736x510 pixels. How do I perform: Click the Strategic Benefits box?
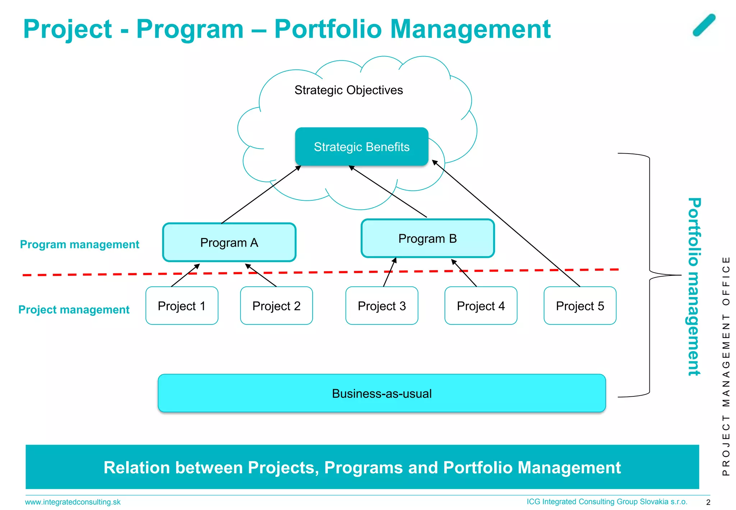click(362, 147)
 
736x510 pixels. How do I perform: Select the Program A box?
click(229, 242)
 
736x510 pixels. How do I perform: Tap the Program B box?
click(427, 238)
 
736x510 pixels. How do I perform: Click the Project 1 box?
click(181, 306)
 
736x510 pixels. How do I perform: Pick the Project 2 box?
click(276, 306)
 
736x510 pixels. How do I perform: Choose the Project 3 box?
click(381, 306)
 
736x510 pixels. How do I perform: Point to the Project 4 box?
click(480, 306)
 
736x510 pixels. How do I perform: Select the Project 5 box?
click(580, 306)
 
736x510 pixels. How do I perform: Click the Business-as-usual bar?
click(381, 393)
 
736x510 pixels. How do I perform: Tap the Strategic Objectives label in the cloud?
click(348, 90)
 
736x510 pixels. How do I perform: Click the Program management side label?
click(79, 244)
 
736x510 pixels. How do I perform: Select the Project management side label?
click(74, 309)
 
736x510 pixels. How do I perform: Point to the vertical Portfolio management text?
click(694, 287)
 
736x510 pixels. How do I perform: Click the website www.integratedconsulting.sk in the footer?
click(73, 502)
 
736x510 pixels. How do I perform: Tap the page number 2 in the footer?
click(708, 502)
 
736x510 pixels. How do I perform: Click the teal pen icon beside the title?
click(704, 25)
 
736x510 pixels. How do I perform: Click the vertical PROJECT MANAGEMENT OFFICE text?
click(726, 365)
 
